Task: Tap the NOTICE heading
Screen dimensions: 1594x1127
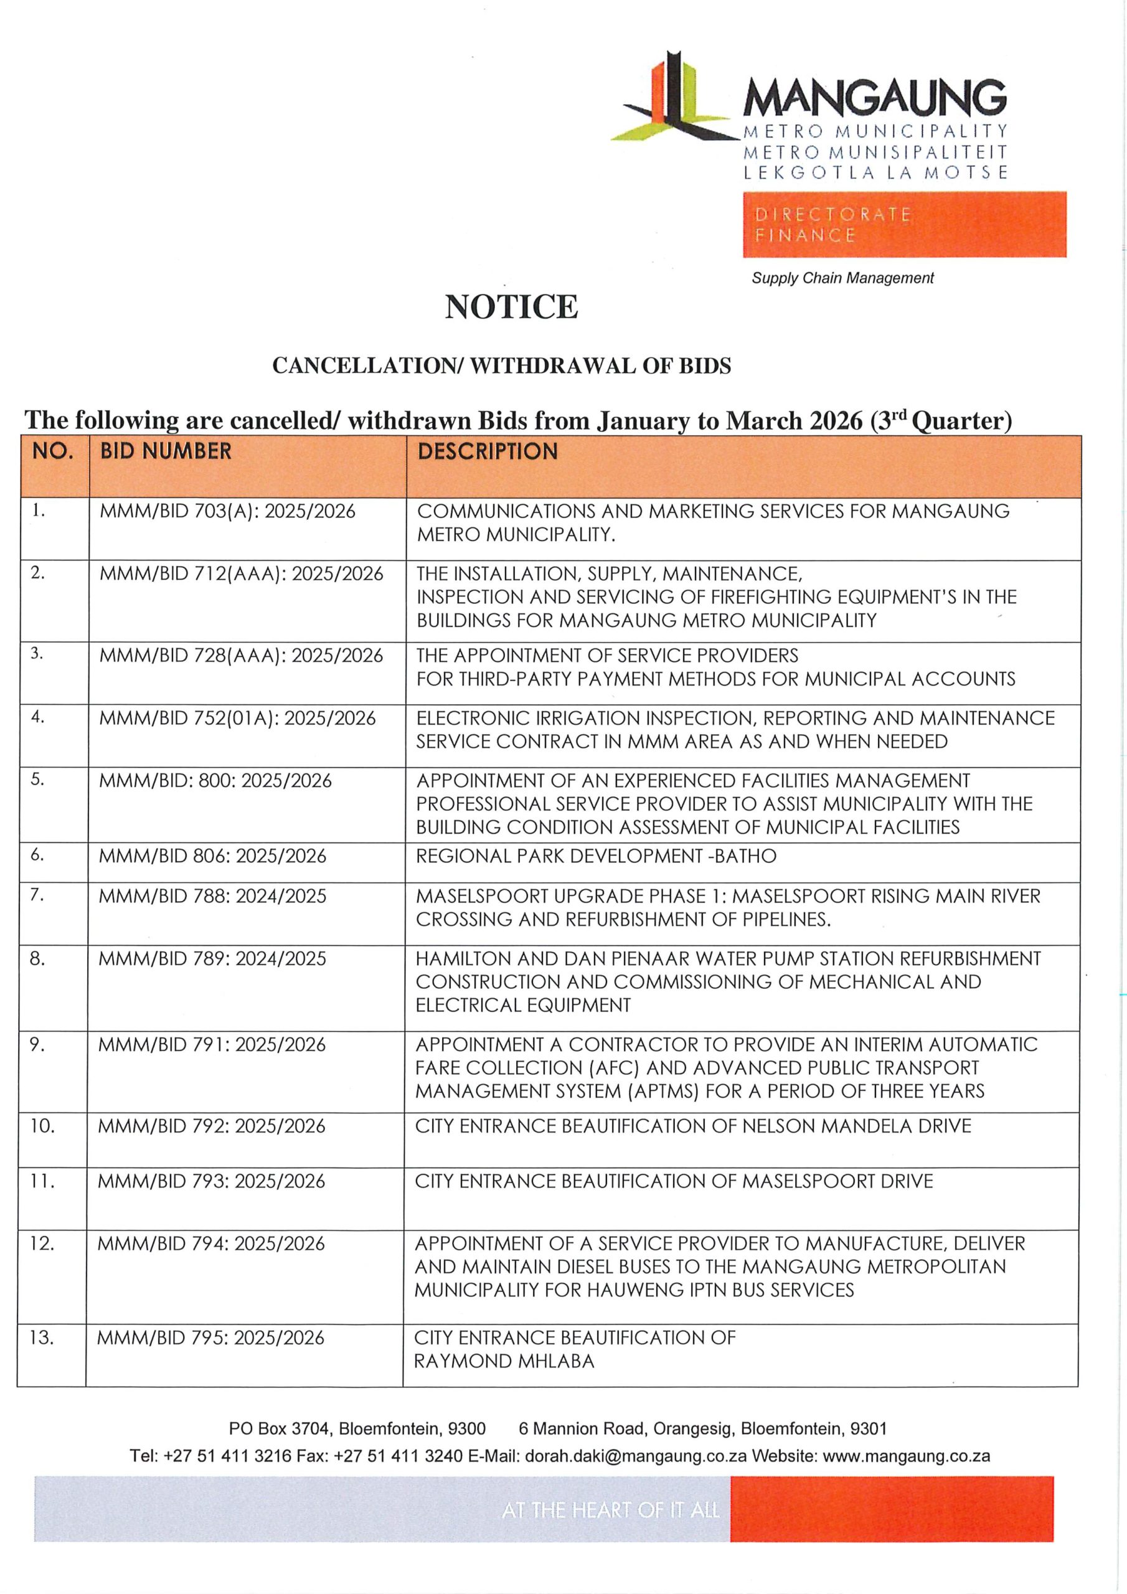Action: [511, 307]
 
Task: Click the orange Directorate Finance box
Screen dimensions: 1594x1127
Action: [903, 224]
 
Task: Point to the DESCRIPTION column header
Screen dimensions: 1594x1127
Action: [488, 452]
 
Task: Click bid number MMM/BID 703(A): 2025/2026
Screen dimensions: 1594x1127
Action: [227, 512]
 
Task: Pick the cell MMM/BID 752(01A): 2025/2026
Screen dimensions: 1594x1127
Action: [237, 718]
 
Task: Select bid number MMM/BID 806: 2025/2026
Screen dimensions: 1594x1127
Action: [212, 856]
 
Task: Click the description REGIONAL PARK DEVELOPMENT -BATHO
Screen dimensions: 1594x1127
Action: [596, 856]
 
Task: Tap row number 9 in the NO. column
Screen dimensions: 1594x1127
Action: [37, 1044]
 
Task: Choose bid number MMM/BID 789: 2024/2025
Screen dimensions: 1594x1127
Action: [212, 959]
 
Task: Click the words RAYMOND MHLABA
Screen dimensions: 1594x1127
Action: [504, 1361]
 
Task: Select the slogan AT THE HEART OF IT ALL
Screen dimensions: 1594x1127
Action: [610, 1510]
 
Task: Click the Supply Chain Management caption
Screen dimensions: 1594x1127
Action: [842, 278]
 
